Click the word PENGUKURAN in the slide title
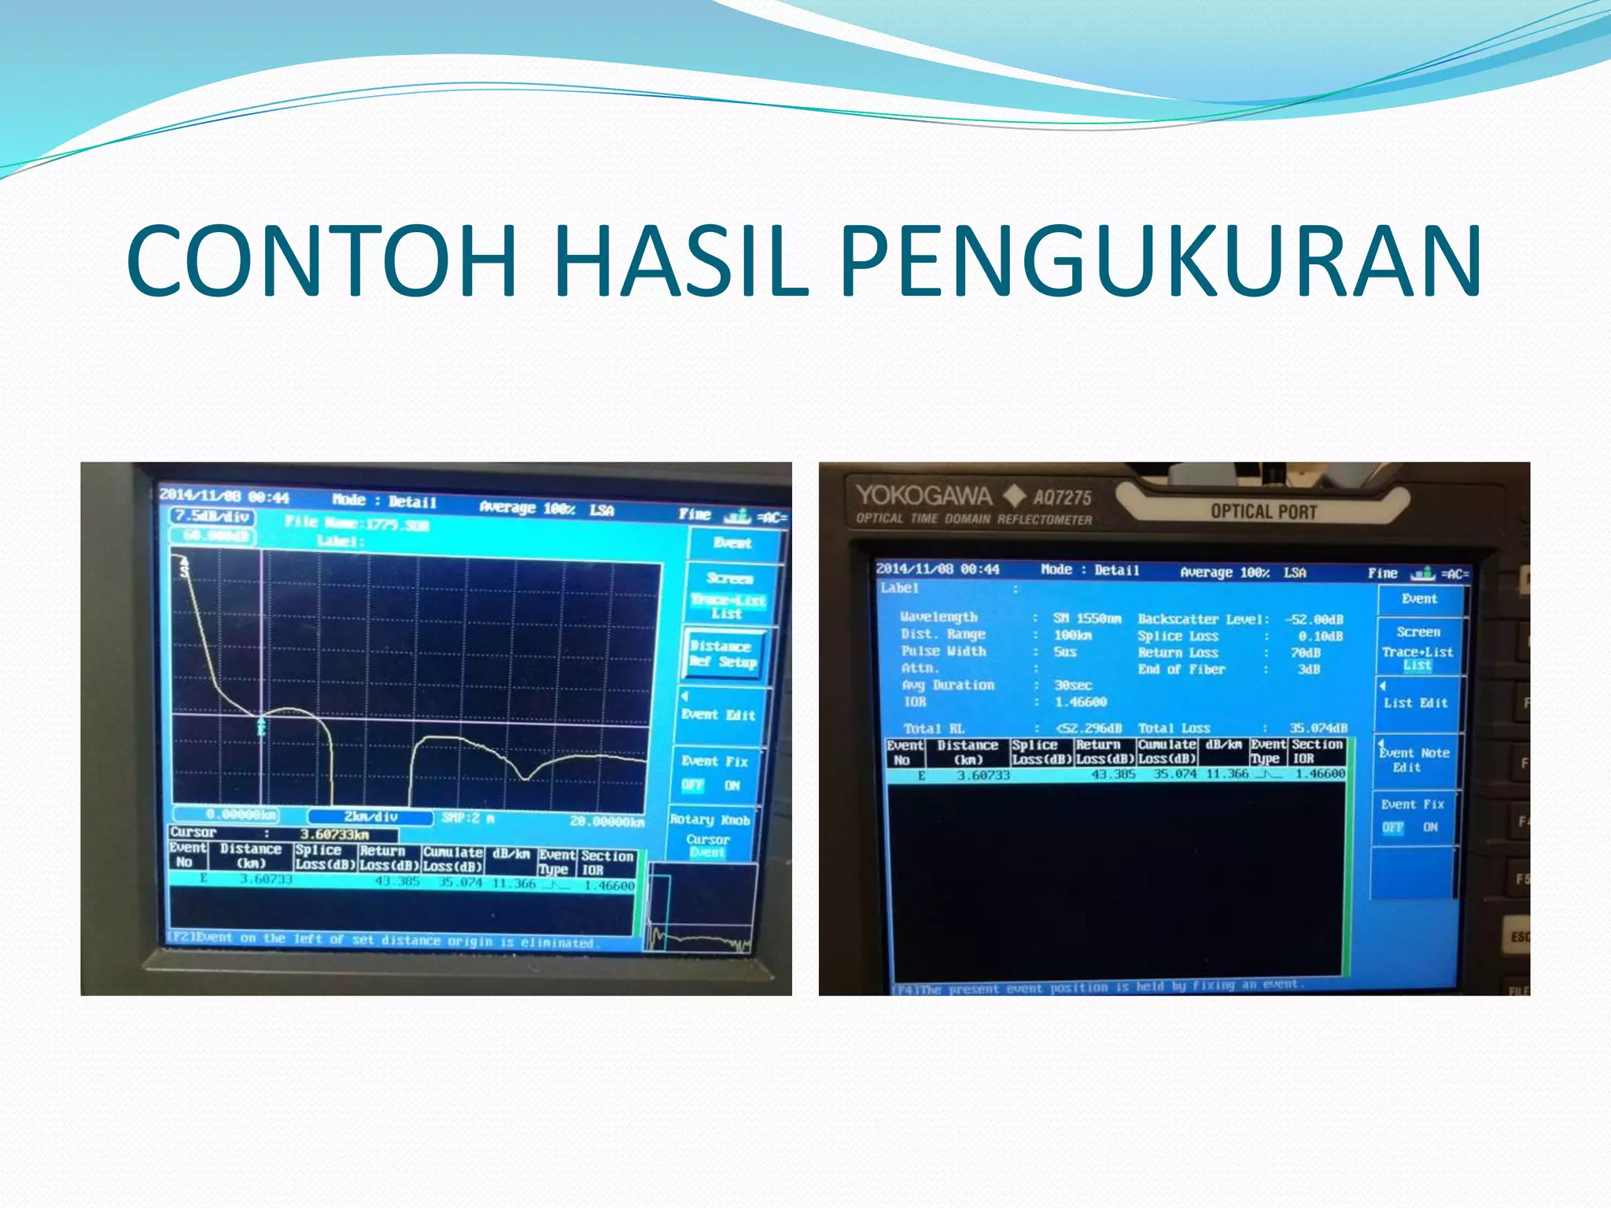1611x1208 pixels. pyautogui.click(x=1160, y=261)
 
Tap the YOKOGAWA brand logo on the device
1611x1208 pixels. pyautogui.click(x=923, y=495)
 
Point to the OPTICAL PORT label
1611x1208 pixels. pyautogui.click(x=1263, y=512)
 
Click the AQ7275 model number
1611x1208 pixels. pyautogui.click(x=1062, y=498)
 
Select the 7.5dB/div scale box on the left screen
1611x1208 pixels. pyautogui.click(x=212, y=517)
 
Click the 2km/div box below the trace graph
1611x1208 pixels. pyautogui.click(x=370, y=817)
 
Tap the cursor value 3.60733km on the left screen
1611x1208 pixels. pyautogui.click(x=334, y=834)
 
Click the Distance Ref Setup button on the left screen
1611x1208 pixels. pyautogui.click(x=722, y=654)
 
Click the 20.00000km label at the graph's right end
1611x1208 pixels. pyautogui.click(x=606, y=822)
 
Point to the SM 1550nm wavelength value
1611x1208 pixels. pyautogui.click(x=1087, y=619)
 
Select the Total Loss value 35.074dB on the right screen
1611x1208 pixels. pyautogui.click(x=1318, y=728)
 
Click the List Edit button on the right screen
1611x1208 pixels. pyautogui.click(x=1415, y=702)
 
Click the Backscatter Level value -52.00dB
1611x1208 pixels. pyautogui.click(x=1314, y=620)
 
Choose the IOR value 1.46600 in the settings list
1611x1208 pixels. pyautogui.click(x=1080, y=702)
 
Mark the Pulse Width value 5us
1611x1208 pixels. pyautogui.click(x=1065, y=652)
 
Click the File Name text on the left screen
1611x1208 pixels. pyautogui.click(x=357, y=523)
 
